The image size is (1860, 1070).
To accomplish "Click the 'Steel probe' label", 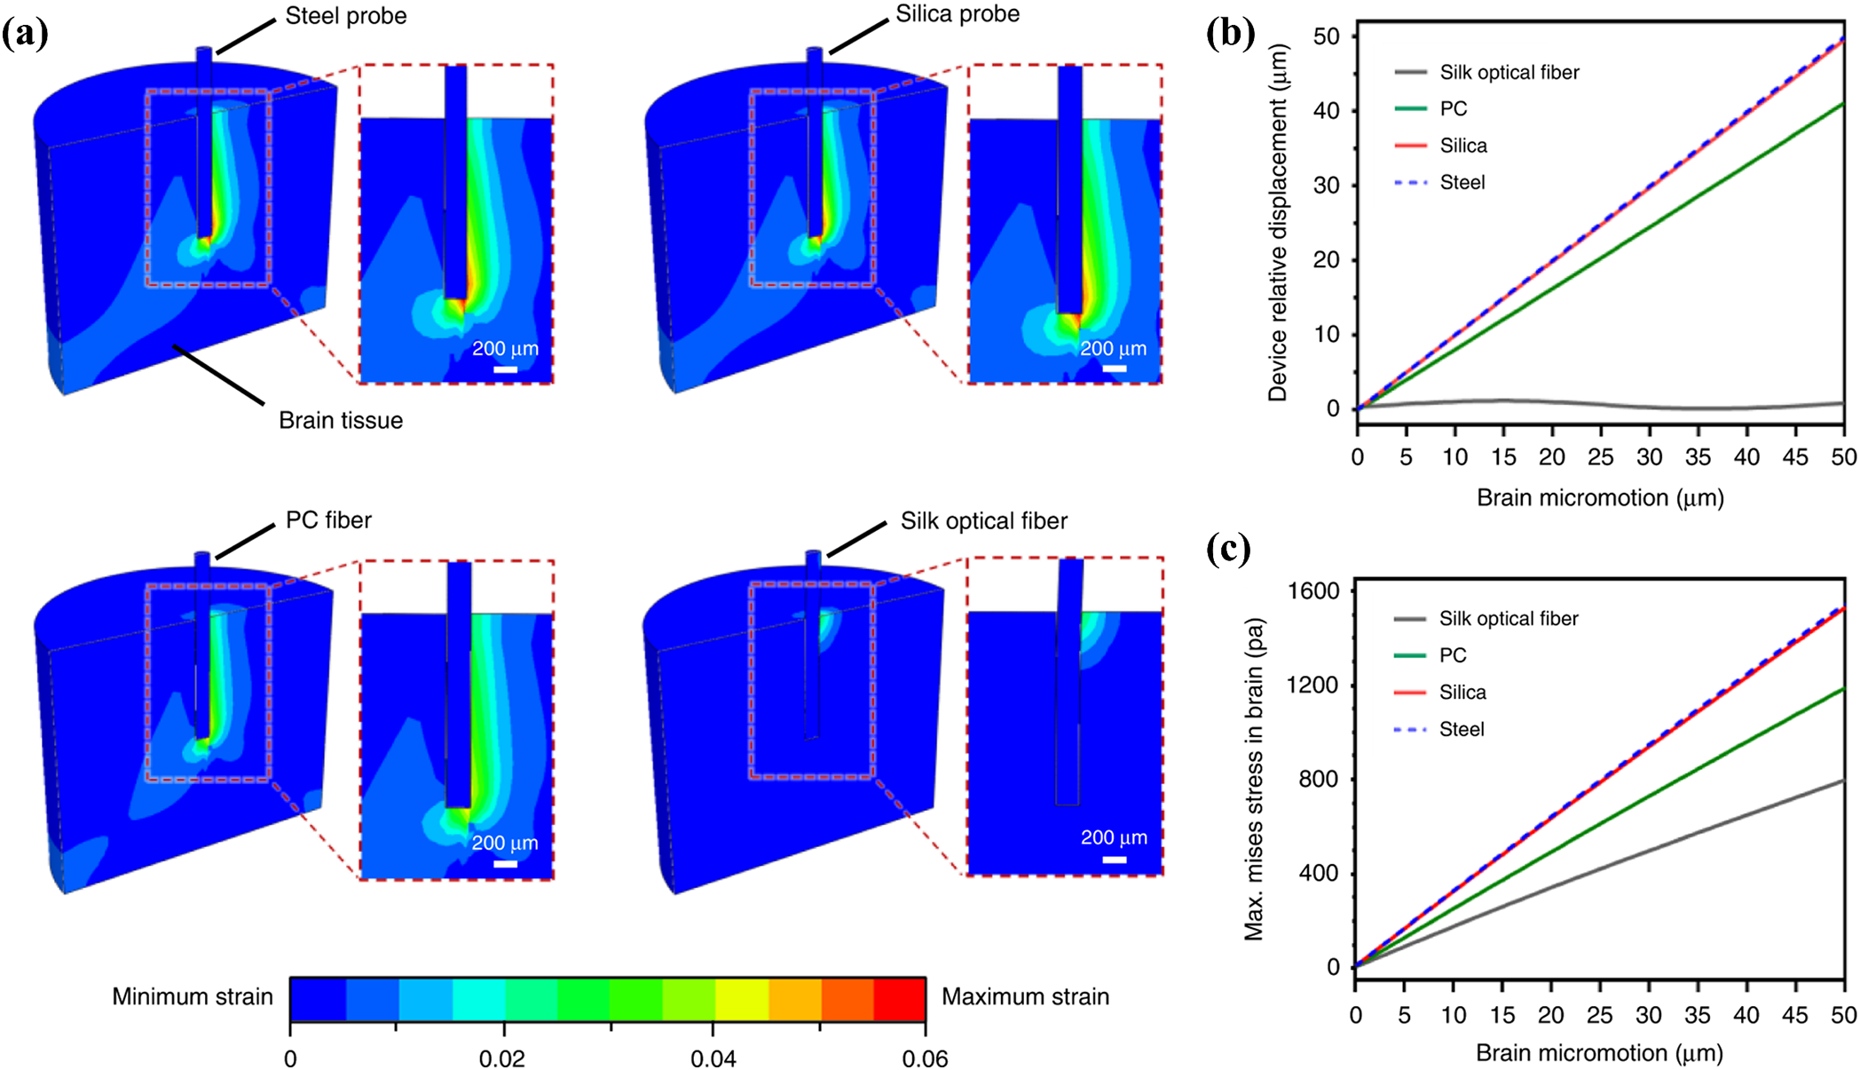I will (345, 16).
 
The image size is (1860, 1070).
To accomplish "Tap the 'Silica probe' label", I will (957, 14).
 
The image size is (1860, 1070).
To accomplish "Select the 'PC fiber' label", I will (328, 519).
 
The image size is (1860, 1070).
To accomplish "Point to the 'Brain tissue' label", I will (340, 420).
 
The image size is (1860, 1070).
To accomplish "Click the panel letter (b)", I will (1230, 33).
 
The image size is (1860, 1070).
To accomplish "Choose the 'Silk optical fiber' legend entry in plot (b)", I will (1509, 72).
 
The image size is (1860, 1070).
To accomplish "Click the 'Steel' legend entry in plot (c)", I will (1461, 729).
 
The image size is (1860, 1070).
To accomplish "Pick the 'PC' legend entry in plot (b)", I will (1453, 108).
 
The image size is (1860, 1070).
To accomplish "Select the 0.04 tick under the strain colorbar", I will (713, 1058).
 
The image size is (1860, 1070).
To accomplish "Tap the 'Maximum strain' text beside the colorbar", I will (1025, 996).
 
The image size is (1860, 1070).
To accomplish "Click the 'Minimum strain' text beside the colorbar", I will (192, 996).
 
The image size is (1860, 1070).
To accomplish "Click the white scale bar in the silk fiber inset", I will (1114, 860).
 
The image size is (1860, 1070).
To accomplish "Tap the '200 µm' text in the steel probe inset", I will (505, 348).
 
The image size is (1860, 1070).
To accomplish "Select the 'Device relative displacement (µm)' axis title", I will (1277, 224).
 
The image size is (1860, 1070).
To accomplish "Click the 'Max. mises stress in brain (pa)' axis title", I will (1253, 779).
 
